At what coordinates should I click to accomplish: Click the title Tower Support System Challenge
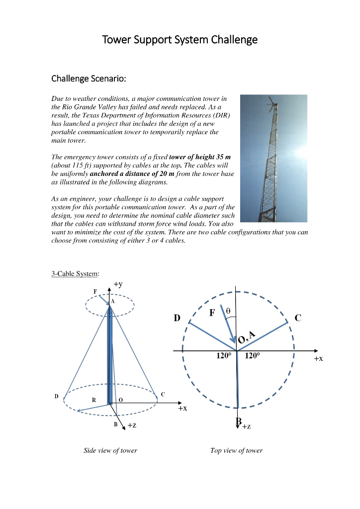[180, 39]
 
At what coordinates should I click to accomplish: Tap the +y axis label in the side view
[118, 284]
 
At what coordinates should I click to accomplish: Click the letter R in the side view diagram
[93, 400]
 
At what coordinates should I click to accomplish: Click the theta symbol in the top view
[228, 311]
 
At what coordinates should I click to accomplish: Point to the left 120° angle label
[223, 356]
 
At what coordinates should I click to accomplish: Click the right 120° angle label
[252, 356]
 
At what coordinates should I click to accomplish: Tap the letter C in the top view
[298, 318]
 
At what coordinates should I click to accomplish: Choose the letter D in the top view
[177, 318]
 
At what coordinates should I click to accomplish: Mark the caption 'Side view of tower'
[110, 450]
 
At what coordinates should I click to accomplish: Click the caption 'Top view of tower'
[236, 450]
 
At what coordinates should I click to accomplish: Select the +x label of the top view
[318, 358]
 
